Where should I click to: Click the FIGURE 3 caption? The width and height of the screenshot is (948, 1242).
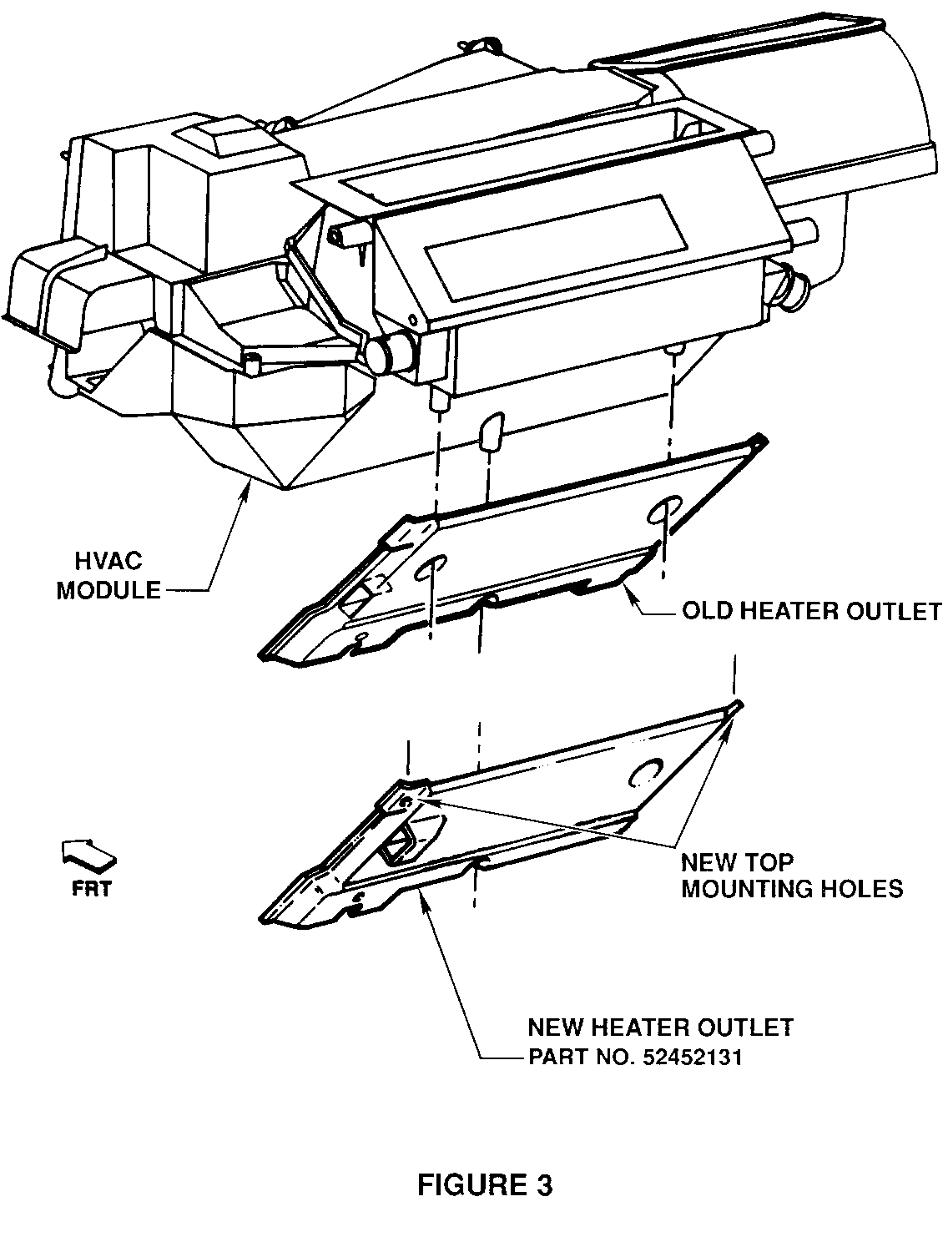click(484, 1184)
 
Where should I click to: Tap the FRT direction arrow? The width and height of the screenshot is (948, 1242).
click(88, 856)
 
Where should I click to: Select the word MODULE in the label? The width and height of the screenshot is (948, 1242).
click(108, 590)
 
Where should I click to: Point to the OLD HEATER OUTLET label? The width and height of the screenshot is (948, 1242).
click(811, 612)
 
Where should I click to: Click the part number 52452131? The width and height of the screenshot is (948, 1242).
click(692, 1058)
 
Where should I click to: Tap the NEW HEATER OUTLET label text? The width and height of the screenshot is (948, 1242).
click(660, 1027)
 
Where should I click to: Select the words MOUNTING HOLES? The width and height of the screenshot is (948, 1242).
click(792, 888)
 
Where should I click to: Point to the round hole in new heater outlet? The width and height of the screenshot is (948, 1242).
click(646, 771)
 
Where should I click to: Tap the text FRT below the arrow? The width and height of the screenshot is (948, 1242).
click(90, 888)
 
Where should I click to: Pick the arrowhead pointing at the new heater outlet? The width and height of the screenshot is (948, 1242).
click(424, 894)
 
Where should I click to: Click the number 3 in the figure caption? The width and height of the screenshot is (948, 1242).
click(542, 1184)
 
